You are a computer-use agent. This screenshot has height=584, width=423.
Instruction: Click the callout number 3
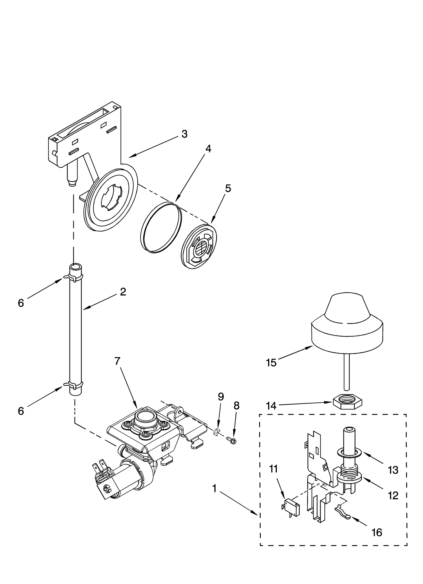click(184, 134)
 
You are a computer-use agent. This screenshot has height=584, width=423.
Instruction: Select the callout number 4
click(208, 149)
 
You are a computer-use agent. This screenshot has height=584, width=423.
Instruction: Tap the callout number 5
click(228, 188)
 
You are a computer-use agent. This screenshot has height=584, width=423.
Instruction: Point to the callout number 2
click(123, 292)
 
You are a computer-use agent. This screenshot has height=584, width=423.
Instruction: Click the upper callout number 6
click(21, 303)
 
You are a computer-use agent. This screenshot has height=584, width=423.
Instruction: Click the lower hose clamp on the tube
click(73, 385)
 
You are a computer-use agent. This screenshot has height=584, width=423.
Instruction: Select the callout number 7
click(117, 361)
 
